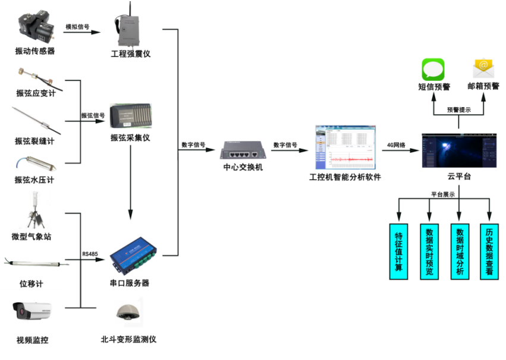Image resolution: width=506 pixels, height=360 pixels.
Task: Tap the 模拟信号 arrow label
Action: (x=77, y=27)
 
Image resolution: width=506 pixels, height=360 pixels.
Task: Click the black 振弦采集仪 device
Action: (x=130, y=115)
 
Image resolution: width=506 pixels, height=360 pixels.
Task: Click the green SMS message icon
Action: (x=433, y=70)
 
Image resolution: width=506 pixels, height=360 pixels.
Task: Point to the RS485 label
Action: (x=90, y=255)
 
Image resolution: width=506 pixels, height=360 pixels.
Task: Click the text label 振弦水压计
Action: (x=34, y=180)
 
